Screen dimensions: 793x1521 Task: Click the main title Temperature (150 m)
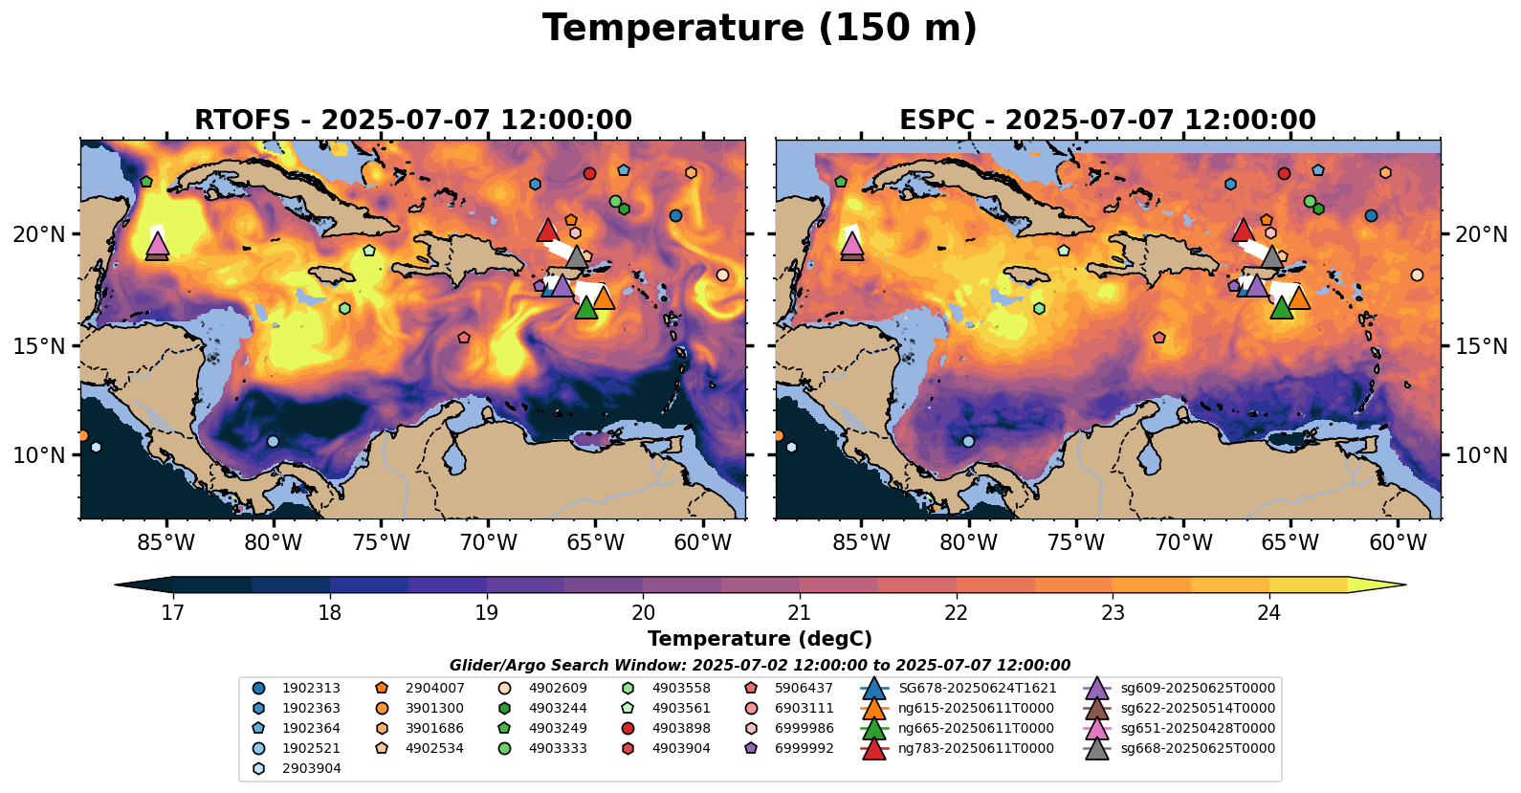760,29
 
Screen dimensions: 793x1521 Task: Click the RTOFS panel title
412,121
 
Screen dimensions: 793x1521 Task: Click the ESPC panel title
1107,121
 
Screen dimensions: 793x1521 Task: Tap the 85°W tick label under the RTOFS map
166,543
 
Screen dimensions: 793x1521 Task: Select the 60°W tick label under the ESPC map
1398,543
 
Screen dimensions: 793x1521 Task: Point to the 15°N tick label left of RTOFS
39,345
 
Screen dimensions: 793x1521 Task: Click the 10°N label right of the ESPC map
1481,455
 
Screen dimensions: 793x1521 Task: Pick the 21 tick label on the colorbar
800,612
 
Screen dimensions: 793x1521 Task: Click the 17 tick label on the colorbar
172,612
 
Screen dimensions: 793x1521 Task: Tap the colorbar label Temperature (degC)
760,639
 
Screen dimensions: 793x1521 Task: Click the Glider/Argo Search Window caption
760,666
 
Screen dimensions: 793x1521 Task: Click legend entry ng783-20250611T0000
976,749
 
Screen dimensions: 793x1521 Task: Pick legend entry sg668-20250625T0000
1198,749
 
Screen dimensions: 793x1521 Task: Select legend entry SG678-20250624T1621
977,689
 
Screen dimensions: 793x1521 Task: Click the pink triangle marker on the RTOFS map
157,243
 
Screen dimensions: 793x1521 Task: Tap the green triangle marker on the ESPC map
1281,307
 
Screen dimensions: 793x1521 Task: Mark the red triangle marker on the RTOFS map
547,230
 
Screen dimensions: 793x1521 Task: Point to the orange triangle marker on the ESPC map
1298,298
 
